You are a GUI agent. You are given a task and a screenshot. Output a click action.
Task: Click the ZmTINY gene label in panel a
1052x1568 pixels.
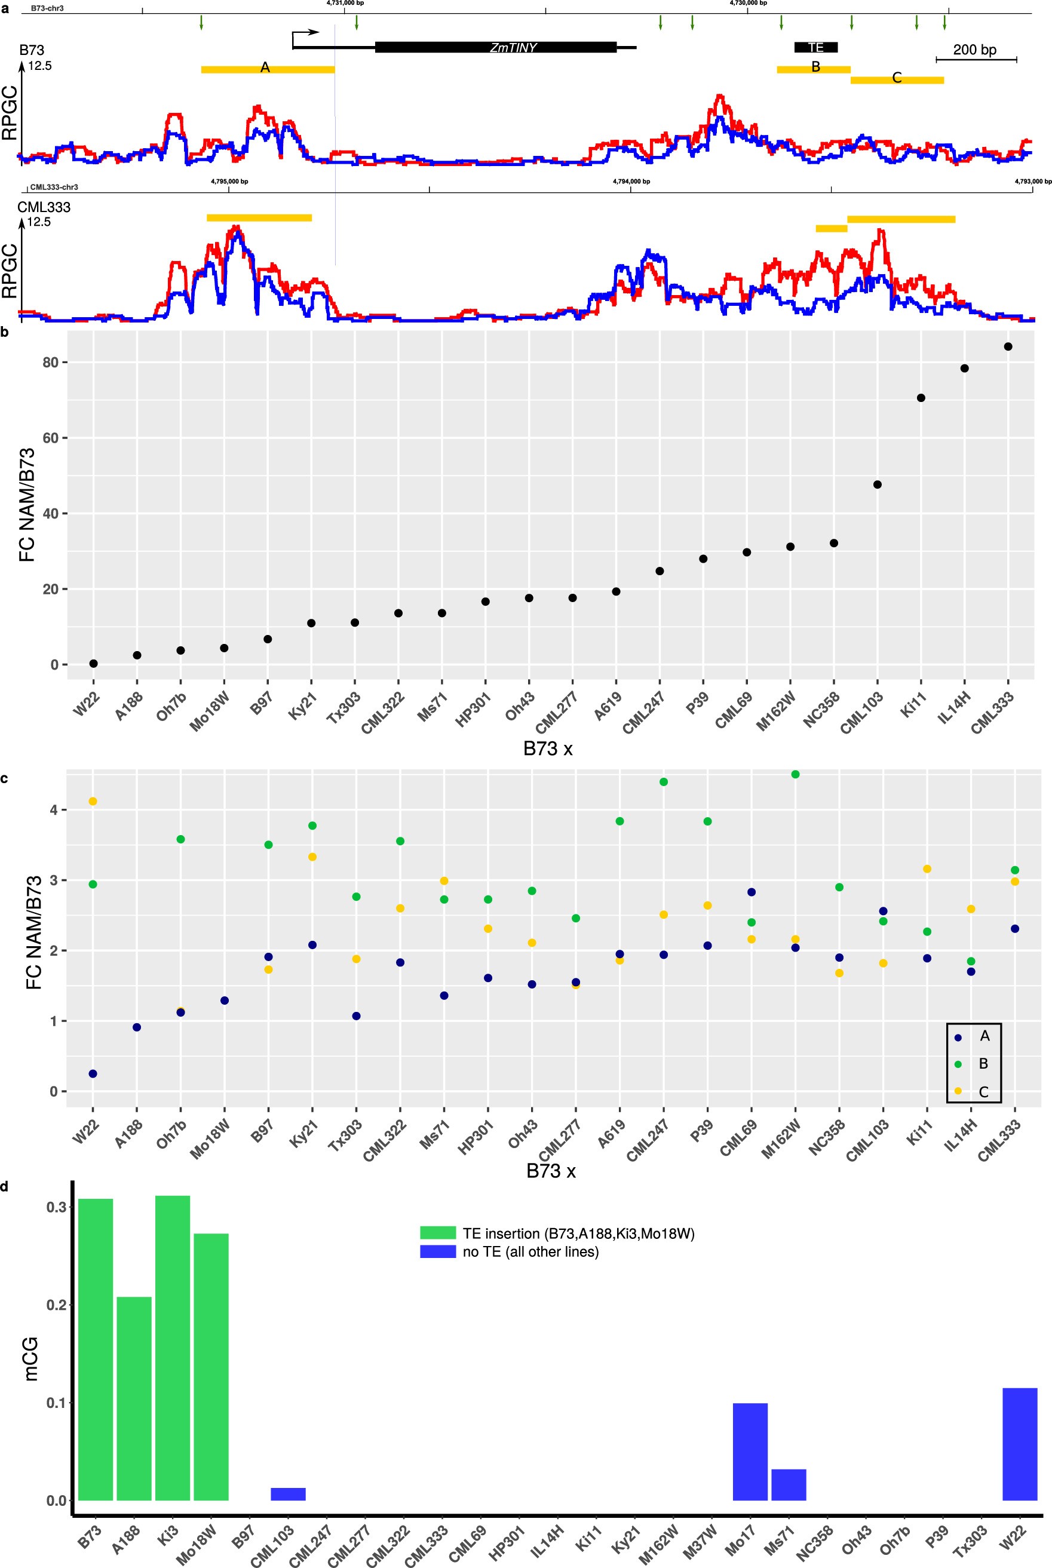tap(513, 48)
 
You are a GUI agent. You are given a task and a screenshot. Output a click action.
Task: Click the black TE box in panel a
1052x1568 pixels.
tap(816, 47)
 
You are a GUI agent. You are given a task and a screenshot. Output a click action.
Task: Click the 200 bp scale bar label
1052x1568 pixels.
tap(974, 50)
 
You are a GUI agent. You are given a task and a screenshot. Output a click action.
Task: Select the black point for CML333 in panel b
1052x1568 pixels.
tap(1008, 346)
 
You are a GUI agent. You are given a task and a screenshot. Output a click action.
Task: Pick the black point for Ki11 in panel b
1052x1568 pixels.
tap(921, 398)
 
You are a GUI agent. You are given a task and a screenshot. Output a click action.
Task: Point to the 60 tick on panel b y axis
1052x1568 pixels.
tap(51, 438)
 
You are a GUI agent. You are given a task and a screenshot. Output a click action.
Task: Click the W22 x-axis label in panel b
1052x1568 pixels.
tap(87, 706)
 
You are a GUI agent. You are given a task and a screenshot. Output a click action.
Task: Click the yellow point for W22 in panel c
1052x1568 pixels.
tap(93, 801)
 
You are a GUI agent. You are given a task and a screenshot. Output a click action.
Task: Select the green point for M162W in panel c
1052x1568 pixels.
tap(796, 774)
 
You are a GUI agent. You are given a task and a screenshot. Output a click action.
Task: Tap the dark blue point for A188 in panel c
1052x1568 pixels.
tap(137, 1027)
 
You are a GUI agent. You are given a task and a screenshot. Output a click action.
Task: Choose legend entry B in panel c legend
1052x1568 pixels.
tap(982, 1063)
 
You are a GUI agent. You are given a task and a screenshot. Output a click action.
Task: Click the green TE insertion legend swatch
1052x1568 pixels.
tap(437, 1233)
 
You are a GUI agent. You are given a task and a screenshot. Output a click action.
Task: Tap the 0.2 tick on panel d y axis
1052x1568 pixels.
tap(56, 1305)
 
